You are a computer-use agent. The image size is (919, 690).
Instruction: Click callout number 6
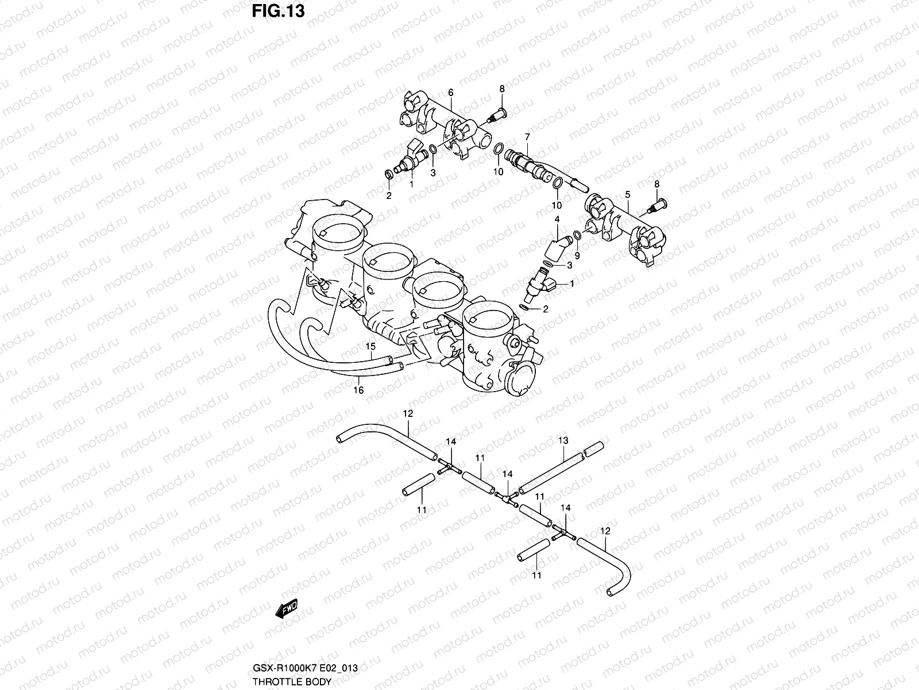point(451,93)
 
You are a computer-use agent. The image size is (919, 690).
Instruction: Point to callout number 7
point(527,136)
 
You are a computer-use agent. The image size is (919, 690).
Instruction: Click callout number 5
point(627,194)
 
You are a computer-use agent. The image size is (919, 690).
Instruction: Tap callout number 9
point(577,255)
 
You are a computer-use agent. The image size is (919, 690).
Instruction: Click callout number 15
point(370,346)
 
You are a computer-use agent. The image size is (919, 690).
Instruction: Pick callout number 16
point(358,390)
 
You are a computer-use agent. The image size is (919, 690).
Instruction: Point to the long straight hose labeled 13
point(551,470)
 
